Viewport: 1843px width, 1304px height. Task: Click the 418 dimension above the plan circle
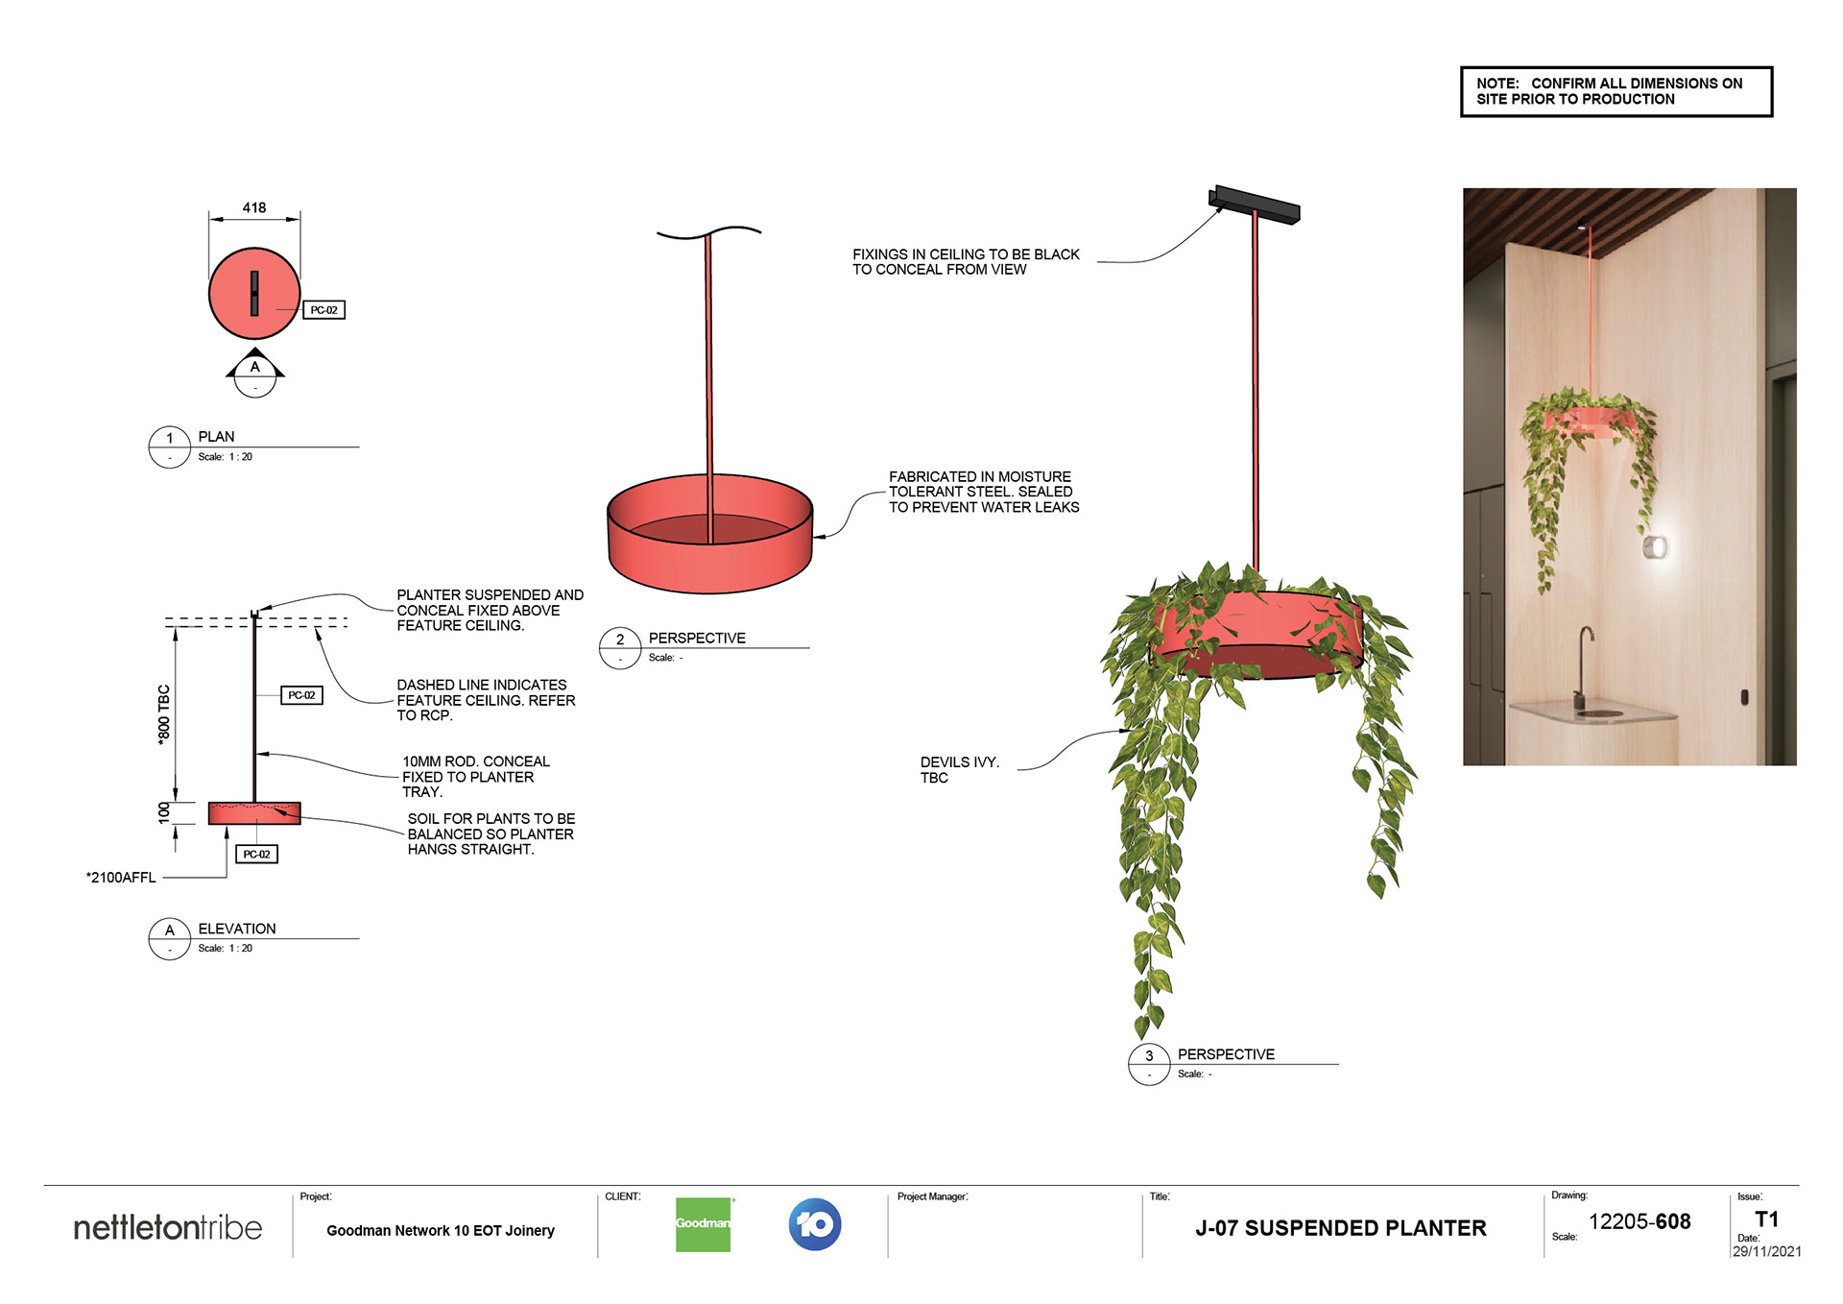[x=254, y=207]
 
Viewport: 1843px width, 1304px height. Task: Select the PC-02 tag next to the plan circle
[x=323, y=310]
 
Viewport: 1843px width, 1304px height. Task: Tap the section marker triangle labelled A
[x=255, y=366]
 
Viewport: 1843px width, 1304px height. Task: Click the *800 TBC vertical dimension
[x=164, y=713]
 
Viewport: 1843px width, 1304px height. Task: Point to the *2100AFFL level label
[x=121, y=877]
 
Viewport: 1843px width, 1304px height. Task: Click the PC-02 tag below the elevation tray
[x=256, y=854]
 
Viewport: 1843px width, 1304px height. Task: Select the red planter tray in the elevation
[x=254, y=813]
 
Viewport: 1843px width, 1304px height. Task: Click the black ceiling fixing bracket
[x=1254, y=204]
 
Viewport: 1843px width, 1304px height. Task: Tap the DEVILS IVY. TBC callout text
[x=959, y=770]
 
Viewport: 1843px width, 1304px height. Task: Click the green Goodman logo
[x=703, y=1224]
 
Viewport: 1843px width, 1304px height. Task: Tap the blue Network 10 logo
[x=815, y=1224]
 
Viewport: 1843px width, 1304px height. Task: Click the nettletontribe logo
[x=168, y=1228]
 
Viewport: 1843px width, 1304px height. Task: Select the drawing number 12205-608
[x=1640, y=1221]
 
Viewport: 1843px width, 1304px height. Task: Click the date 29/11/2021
[x=1766, y=1251]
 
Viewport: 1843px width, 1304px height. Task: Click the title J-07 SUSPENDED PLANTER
[x=1340, y=1228]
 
